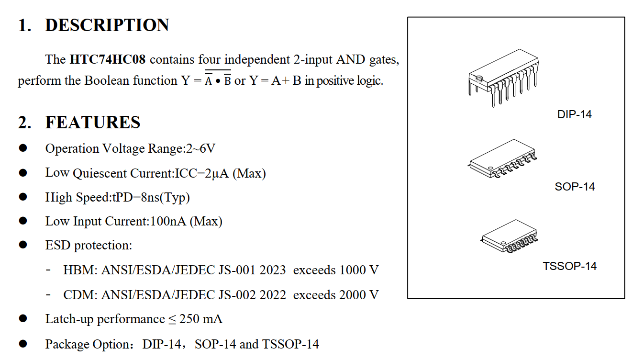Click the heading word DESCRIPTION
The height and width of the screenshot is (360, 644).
point(107,25)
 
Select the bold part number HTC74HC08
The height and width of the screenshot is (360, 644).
point(108,60)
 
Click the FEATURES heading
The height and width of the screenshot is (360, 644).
point(93,123)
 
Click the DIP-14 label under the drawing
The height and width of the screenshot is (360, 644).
point(574,115)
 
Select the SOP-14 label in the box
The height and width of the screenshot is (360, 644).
point(575,187)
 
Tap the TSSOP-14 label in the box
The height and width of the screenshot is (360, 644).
point(569,266)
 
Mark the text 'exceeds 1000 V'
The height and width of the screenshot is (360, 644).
point(336,270)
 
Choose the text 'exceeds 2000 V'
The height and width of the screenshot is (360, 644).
point(336,295)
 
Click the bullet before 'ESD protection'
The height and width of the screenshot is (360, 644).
point(23,245)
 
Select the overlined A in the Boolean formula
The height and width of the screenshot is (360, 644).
point(209,81)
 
